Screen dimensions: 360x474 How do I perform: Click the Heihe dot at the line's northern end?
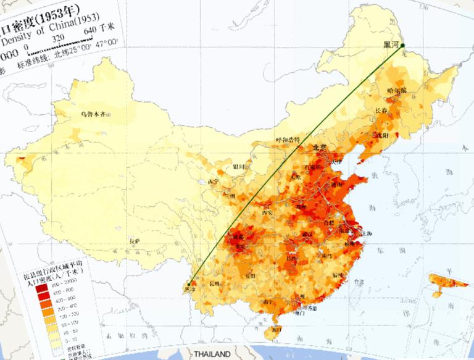(402, 45)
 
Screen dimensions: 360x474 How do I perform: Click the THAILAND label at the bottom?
(212, 354)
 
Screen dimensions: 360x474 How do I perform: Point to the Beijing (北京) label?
(319, 147)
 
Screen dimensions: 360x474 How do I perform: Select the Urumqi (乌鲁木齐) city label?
(93, 114)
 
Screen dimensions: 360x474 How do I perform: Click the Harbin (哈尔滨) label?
(396, 91)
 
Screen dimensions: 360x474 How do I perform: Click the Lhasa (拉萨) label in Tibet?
(135, 240)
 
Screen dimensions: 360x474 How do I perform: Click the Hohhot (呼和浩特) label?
(288, 140)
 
